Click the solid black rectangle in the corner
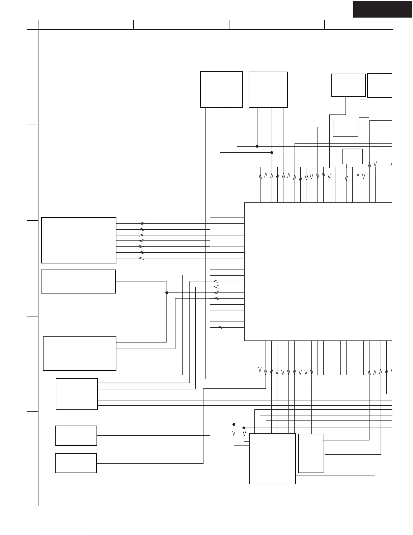[383, 9]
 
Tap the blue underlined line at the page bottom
[67, 532]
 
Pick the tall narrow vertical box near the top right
[364, 108]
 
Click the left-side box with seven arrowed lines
[79, 240]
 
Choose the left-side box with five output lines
[77, 394]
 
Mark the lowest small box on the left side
[76, 463]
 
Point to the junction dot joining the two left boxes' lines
[167, 293]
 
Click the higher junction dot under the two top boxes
[257, 146]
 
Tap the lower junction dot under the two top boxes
[272, 152]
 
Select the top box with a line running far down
[221, 90]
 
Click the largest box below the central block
[272, 459]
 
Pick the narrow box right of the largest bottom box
[311, 453]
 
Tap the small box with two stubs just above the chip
[352, 156]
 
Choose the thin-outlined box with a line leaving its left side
[345, 128]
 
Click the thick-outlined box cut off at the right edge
[380, 85]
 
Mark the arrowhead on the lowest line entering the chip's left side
[220, 327]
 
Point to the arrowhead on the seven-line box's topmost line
[141, 224]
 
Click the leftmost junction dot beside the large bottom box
[234, 424]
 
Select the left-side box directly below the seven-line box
[78, 281]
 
